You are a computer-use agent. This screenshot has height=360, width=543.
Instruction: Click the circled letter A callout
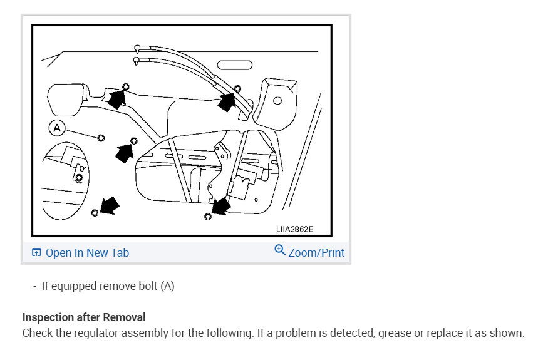click(57, 128)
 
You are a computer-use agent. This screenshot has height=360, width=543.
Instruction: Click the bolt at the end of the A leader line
click(100, 137)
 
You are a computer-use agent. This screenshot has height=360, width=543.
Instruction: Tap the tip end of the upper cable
click(136, 48)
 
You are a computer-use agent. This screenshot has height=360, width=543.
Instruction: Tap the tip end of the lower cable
click(136, 61)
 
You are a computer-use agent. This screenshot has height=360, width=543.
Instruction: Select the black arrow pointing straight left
click(125, 151)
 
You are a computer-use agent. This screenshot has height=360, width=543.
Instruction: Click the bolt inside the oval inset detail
click(78, 178)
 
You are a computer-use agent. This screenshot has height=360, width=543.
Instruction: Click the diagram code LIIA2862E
click(294, 230)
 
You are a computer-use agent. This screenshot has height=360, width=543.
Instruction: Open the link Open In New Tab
click(87, 253)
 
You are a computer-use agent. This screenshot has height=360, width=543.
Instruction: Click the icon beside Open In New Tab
click(36, 253)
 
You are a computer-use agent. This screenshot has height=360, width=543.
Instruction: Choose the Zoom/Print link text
click(316, 253)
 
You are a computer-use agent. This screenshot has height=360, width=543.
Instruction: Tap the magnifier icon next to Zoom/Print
click(280, 250)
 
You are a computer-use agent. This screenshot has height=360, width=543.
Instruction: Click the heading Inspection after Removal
click(83, 318)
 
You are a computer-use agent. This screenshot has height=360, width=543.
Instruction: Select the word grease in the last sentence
click(394, 333)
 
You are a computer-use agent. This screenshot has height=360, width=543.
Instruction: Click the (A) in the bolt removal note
click(167, 286)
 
